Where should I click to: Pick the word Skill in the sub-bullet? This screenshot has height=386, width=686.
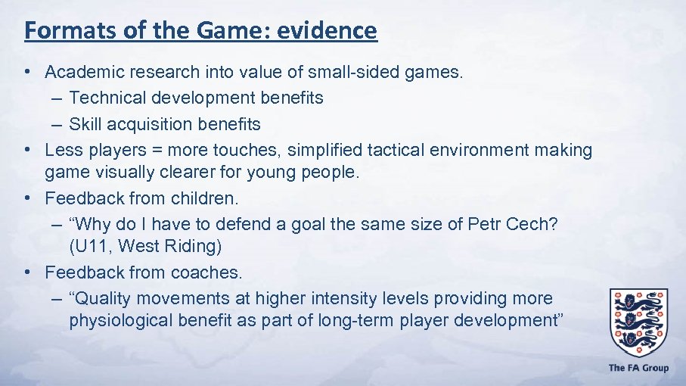[85, 123]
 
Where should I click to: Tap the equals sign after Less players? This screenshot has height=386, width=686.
[157, 150]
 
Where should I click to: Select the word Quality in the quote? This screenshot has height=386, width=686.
[102, 298]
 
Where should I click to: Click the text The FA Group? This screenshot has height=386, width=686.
[638, 368]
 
